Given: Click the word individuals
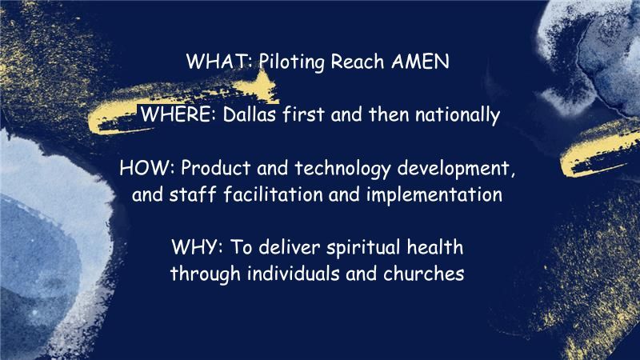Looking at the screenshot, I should (289, 272).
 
